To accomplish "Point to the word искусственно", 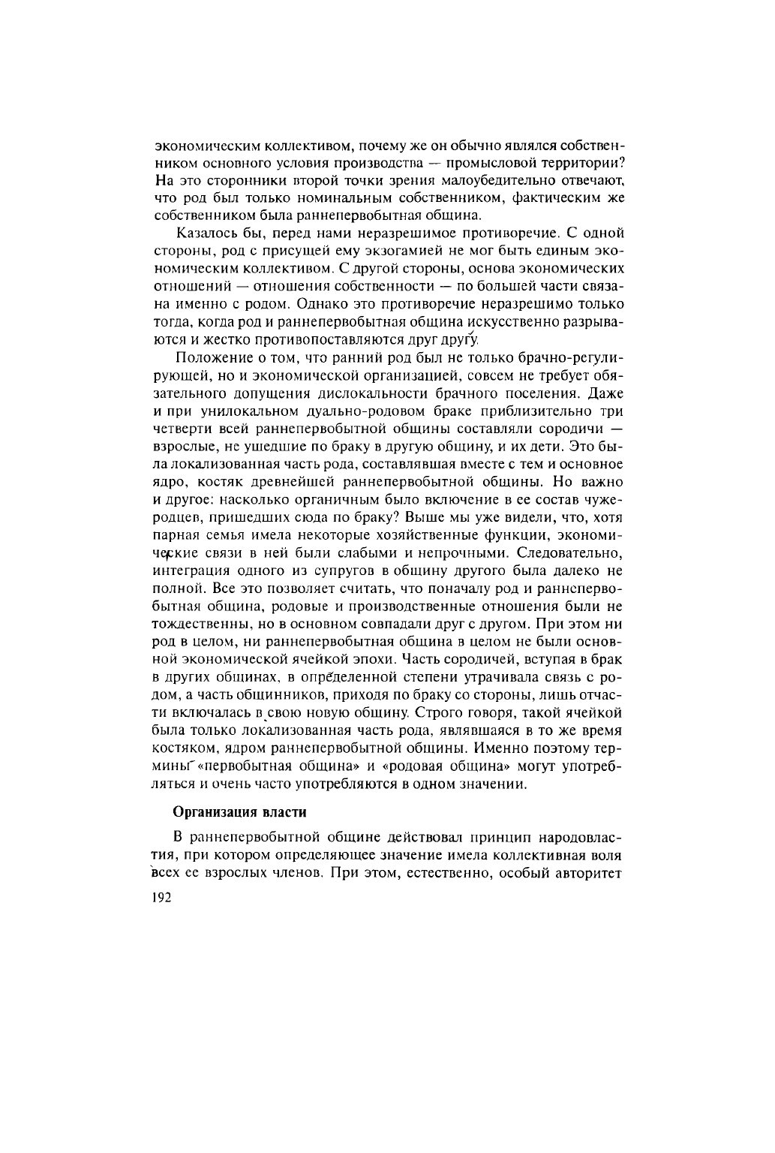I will pos(509,323).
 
